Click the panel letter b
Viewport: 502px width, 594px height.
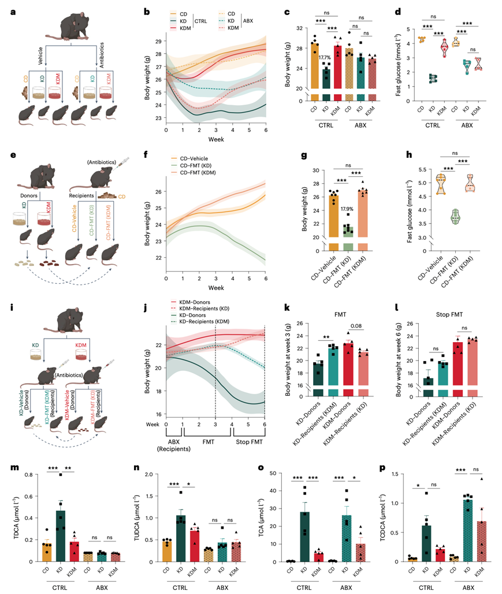(147, 11)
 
